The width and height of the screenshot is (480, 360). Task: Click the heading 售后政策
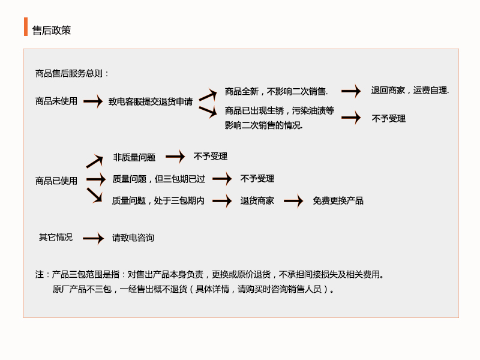tap(52, 31)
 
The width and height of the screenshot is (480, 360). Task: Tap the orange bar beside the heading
tap(26, 26)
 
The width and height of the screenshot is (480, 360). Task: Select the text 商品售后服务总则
tap(69, 73)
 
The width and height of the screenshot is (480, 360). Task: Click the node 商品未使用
tap(56, 101)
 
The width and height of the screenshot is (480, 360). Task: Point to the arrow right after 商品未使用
tap(93, 101)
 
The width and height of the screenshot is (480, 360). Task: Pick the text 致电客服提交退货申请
tap(151, 101)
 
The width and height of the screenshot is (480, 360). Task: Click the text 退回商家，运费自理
tap(410, 91)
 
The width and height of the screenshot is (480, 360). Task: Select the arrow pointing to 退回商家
tap(351, 91)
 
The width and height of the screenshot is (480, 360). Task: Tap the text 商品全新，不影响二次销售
tap(276, 91)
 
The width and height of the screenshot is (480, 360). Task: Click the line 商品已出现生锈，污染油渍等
tap(280, 110)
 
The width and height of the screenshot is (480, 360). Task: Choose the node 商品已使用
tap(56, 181)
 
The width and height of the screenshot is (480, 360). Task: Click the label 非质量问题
tap(134, 157)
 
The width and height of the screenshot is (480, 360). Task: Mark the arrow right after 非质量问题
tap(175, 157)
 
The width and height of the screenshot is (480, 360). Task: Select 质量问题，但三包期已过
tap(158, 179)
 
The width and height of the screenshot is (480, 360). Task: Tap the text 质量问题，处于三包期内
tap(158, 200)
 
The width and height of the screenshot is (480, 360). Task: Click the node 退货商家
tap(257, 200)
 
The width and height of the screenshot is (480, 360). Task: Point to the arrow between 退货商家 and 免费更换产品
tap(293, 201)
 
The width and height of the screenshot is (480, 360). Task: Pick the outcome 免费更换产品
tap(338, 200)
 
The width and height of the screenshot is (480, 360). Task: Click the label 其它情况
tap(56, 237)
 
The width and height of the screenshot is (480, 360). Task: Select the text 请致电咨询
tap(133, 238)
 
